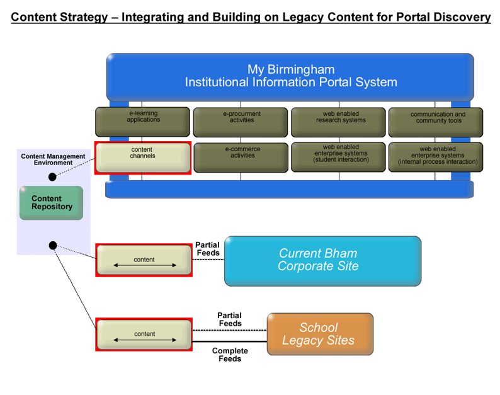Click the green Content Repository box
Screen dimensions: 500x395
point(52,203)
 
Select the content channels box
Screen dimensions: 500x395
point(143,157)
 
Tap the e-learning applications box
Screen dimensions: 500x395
point(142,122)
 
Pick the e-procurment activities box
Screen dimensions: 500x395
point(241,122)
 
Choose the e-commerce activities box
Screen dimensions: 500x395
point(241,157)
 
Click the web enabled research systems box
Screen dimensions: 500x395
point(338,122)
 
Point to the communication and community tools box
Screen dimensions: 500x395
point(436,122)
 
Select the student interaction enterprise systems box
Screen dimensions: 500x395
point(338,157)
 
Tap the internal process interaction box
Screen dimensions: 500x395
point(436,157)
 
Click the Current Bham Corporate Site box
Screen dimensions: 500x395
point(322,261)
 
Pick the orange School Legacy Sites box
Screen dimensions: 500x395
point(320,334)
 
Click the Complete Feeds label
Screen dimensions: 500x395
point(230,355)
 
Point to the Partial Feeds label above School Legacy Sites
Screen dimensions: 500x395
point(230,319)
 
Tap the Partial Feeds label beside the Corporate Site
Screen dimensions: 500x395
point(208,249)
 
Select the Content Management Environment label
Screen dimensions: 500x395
point(53,159)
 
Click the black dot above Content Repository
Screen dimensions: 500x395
point(52,177)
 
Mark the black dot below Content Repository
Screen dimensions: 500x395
point(53,245)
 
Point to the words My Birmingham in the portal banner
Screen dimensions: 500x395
point(291,69)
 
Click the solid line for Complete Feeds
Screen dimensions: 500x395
point(230,341)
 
